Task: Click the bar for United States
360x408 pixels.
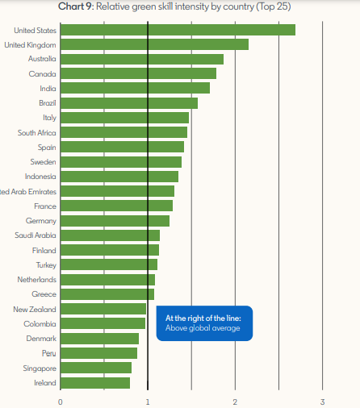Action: click(x=178, y=30)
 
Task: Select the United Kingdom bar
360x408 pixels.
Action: click(x=154, y=44)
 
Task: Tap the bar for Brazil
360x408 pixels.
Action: click(x=129, y=103)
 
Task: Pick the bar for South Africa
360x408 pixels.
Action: click(x=123, y=132)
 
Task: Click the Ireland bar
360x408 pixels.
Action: click(x=95, y=382)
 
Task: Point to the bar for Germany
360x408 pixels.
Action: click(x=115, y=220)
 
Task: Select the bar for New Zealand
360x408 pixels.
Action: click(x=103, y=309)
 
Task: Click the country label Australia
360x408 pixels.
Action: click(x=40, y=59)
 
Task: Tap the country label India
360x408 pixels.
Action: click(x=48, y=89)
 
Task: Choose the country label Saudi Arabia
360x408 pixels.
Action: click(x=36, y=235)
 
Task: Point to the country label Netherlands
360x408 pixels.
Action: click(x=36, y=279)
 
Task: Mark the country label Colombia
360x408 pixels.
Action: click(x=40, y=323)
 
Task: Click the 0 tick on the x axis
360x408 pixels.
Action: click(x=61, y=401)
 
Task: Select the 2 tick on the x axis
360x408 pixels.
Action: click(x=235, y=401)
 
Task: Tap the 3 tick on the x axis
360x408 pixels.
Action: click(x=322, y=401)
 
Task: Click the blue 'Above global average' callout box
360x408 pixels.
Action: click(x=204, y=323)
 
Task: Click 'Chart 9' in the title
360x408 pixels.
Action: click(x=76, y=7)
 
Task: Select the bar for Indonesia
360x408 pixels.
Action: click(x=119, y=177)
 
